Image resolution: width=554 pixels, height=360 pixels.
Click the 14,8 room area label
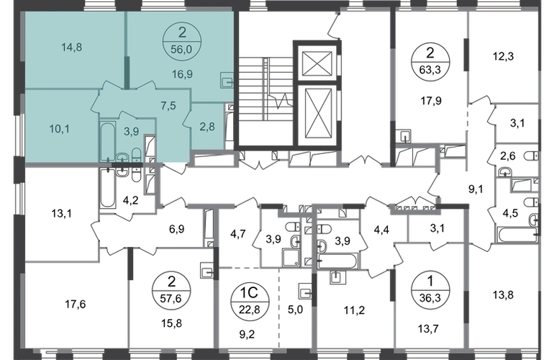72,47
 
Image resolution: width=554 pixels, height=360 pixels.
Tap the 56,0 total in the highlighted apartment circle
181,49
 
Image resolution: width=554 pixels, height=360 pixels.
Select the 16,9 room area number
182,74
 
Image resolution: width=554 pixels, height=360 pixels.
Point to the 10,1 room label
59,129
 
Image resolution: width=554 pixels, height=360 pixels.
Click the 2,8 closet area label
207,126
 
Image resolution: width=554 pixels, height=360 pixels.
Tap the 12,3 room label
503,56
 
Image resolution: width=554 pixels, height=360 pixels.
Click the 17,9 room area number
431,101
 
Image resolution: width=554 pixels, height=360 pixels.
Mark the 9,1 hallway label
476,189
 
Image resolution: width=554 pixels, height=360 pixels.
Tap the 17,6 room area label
76,305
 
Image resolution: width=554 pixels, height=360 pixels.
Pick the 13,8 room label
503,294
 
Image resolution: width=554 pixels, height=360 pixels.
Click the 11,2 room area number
355,310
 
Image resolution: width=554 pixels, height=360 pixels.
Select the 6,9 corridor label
177,229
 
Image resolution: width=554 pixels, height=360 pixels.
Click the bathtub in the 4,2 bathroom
108,188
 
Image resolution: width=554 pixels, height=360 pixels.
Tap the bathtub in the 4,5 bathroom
517,235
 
